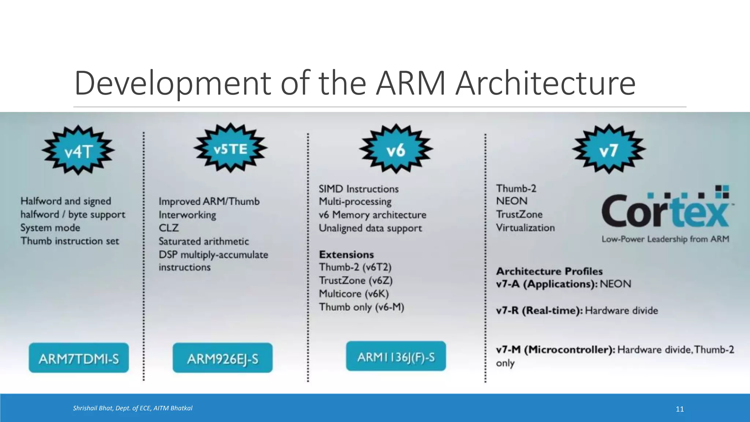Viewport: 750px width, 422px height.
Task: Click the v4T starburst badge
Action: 78,150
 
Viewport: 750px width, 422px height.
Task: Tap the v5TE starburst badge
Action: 230,148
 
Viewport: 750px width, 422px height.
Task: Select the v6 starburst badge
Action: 396,149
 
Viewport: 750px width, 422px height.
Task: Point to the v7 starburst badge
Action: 609,149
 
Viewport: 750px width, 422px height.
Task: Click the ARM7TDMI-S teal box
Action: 79,358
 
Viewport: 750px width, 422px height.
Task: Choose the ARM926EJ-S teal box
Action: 223,358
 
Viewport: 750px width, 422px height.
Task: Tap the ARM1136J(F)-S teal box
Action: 396,356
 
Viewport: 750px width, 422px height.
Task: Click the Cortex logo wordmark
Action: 665,211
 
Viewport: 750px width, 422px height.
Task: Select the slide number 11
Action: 680,409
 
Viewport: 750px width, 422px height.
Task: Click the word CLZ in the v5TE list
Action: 168,228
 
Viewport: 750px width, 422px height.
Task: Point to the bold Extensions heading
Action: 346,254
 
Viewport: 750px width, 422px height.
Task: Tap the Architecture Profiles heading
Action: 549,271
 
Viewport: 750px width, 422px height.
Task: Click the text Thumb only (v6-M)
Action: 361,307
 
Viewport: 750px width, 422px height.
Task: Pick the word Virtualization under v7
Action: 525,228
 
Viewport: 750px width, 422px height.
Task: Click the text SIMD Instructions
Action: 359,189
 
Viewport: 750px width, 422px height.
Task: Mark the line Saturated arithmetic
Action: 204,241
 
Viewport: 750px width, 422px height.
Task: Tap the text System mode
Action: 50,228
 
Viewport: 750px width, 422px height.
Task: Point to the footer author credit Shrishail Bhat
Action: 133,408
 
